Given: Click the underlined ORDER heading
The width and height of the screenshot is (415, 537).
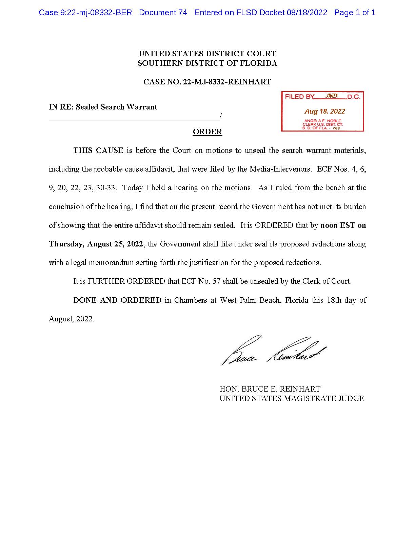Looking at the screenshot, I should click(207, 132).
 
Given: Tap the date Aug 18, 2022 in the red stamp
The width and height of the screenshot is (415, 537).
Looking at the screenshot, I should click(324, 111).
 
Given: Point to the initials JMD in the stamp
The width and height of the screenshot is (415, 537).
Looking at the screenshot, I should click(331, 96).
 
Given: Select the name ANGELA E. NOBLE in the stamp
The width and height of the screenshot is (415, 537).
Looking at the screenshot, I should click(322, 121).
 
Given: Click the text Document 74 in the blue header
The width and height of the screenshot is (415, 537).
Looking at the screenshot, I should click(163, 13).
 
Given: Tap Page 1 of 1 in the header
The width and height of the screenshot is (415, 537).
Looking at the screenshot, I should click(355, 13).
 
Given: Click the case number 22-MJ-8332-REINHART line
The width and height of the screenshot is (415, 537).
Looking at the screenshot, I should click(207, 82).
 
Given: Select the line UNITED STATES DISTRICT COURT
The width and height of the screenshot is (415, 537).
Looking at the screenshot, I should click(207, 54).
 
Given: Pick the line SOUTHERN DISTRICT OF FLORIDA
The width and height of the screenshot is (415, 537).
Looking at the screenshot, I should click(207, 63).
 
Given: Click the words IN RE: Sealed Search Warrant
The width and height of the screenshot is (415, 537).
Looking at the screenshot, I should click(103, 107).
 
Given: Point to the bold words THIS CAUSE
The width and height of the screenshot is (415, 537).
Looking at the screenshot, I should click(98, 151).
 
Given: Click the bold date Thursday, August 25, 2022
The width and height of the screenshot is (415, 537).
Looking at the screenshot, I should click(96, 244).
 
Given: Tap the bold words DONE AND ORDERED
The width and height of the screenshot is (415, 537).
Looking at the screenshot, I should click(117, 300).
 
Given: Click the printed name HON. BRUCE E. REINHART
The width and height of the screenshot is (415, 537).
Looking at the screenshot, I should click(270, 389).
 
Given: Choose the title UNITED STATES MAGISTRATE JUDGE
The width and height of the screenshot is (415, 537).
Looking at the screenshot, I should click(292, 398).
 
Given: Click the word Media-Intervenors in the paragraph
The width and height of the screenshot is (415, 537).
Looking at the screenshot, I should click(280, 169).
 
